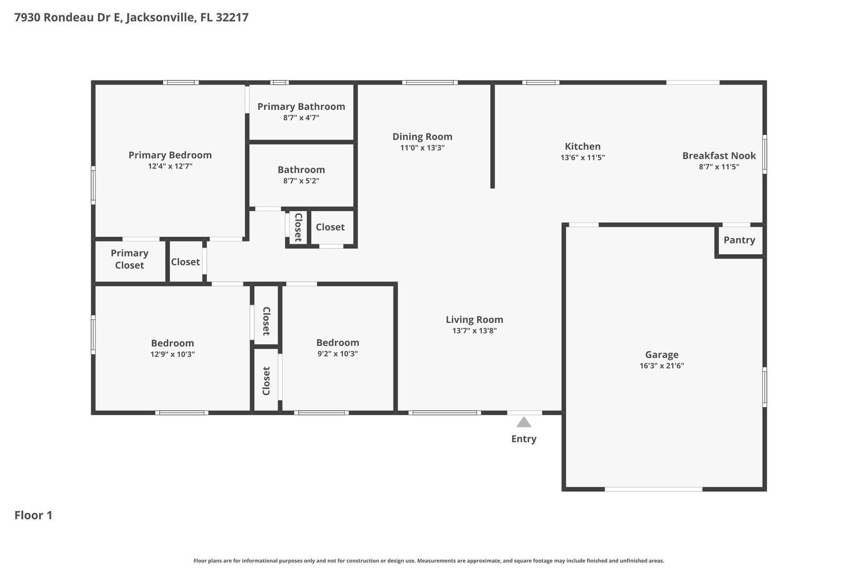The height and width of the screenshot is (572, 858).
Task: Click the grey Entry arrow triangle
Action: point(524,423)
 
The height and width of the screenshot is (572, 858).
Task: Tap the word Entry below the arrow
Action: point(524,439)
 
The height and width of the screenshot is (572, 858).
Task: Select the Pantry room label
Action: point(739,240)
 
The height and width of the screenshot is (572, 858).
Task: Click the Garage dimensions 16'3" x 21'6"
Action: point(662,365)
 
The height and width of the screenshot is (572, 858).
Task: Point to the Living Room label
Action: point(474,319)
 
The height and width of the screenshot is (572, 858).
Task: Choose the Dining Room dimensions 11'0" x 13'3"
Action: point(422,147)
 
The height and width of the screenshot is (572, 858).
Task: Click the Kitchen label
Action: point(583,146)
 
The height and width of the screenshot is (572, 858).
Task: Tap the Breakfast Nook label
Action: point(719,156)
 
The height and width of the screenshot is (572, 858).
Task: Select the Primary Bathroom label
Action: point(301,106)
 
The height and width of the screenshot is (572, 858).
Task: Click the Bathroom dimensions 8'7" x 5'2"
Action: point(301,181)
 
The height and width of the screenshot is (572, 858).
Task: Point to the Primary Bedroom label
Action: point(170,155)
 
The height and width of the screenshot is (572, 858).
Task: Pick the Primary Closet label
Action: point(129,259)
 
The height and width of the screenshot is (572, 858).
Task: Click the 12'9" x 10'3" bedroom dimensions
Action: point(172,354)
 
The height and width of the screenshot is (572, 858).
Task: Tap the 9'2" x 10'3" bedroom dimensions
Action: point(337,354)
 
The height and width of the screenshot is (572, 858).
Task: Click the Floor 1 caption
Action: point(33,515)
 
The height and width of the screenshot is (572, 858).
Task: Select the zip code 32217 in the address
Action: point(232,17)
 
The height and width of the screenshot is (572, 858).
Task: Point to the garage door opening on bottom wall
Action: point(654,489)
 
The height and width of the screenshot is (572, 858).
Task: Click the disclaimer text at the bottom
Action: point(428,561)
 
